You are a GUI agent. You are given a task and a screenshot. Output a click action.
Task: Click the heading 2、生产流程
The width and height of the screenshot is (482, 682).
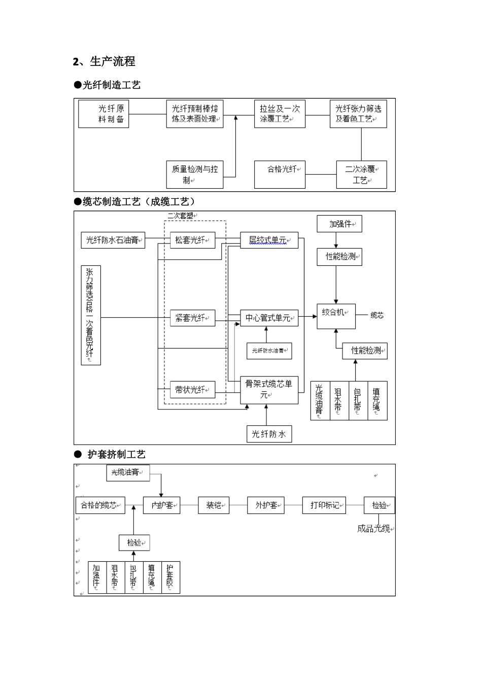pos(104,62)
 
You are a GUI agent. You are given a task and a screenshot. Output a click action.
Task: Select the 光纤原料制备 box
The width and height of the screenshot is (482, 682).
pos(104,114)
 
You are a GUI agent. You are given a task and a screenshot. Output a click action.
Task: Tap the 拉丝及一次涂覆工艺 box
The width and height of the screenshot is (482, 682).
pos(279,114)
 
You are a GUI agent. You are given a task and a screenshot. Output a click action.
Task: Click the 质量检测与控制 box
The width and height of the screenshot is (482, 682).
pos(194,175)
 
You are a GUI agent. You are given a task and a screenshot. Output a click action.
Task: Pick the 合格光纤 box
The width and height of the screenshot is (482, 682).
pos(280,175)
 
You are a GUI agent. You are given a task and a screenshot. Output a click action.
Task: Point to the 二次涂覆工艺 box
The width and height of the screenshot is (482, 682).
pos(361,175)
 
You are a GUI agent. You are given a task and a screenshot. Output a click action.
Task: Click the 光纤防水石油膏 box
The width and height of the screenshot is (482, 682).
pos(113,240)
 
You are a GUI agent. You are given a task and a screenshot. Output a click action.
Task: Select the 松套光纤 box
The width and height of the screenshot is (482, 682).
pos(192,240)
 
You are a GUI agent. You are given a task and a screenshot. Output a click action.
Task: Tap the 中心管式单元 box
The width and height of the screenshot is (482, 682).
pos(269,318)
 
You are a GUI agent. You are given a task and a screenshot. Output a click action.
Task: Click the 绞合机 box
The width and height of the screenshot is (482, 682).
pos(336,316)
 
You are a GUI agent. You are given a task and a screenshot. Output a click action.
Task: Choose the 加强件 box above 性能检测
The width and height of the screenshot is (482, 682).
pos(339,224)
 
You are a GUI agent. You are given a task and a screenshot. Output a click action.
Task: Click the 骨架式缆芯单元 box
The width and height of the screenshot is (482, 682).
pos(269,390)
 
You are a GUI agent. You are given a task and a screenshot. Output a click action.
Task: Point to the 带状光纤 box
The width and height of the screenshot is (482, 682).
pos(192,390)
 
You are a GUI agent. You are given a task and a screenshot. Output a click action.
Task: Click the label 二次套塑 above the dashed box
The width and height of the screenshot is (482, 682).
pos(181,216)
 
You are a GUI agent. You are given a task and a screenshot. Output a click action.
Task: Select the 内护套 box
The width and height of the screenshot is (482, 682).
pos(162,505)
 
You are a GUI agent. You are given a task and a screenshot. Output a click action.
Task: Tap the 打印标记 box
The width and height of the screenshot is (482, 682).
pos(324,505)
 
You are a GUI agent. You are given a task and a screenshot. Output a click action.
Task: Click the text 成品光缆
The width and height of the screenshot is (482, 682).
pos(374,529)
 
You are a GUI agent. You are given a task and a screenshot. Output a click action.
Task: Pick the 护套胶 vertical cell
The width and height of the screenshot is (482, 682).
pos(170,577)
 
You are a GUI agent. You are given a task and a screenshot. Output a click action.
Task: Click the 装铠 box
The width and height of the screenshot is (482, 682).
pos(214,505)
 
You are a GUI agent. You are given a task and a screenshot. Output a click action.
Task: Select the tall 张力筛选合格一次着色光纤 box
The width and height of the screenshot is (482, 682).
pos(91,315)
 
